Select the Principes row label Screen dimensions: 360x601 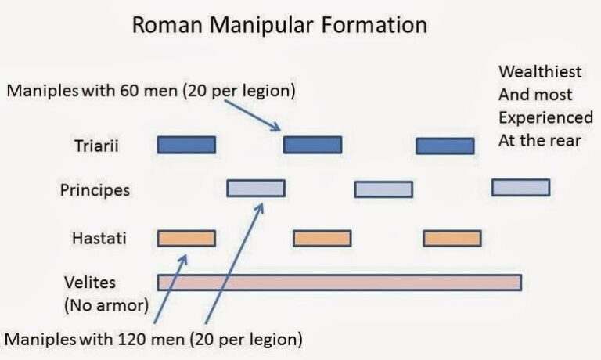[95, 189]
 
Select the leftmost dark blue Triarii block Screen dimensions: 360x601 [186, 145]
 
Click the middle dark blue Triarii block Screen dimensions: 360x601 [312, 145]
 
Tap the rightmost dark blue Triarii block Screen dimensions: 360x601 [444, 146]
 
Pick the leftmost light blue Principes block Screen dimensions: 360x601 [255, 188]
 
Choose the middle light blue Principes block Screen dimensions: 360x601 [383, 189]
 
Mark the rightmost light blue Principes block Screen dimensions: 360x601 [520, 187]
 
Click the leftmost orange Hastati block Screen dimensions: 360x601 [186, 238]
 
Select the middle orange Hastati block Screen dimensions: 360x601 [322, 238]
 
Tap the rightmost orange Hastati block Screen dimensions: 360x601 [452, 238]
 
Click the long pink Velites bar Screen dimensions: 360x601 [339, 283]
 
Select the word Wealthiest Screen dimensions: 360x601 [540, 72]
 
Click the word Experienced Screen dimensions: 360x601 [545, 118]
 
